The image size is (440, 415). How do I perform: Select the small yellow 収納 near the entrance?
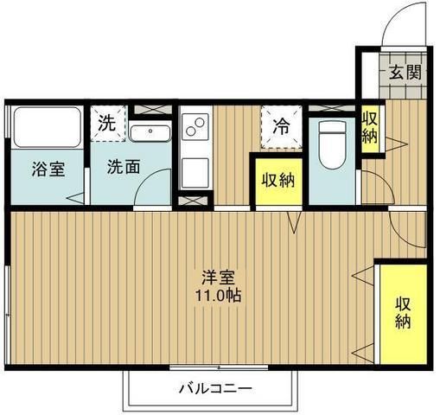coord(369,128)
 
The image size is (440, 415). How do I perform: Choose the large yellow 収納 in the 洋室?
coord(404,313)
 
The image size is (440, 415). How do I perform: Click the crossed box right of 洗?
coord(152,110)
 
